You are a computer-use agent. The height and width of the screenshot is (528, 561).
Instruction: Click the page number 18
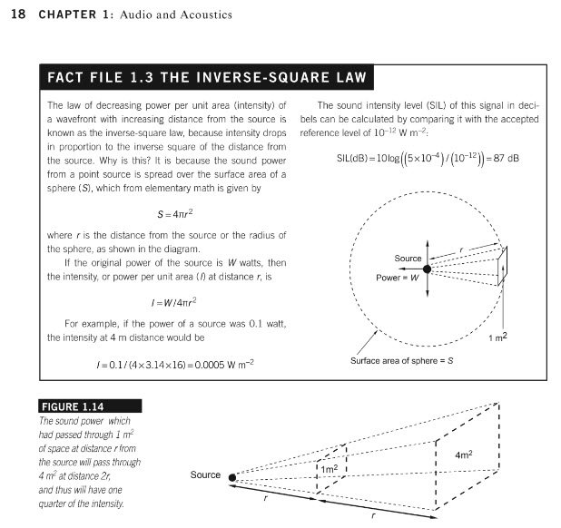click(13, 14)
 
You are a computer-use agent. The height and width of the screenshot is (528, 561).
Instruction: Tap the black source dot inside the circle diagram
click(428, 269)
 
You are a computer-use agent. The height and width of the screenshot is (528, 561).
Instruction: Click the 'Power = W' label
click(398, 278)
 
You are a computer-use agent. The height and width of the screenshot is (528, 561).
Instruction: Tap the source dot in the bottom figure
click(233, 477)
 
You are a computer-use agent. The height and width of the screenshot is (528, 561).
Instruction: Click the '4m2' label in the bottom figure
click(464, 454)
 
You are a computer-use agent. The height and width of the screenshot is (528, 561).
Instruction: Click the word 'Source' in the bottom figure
click(205, 475)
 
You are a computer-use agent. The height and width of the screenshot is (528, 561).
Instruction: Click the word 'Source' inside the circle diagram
click(408, 259)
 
